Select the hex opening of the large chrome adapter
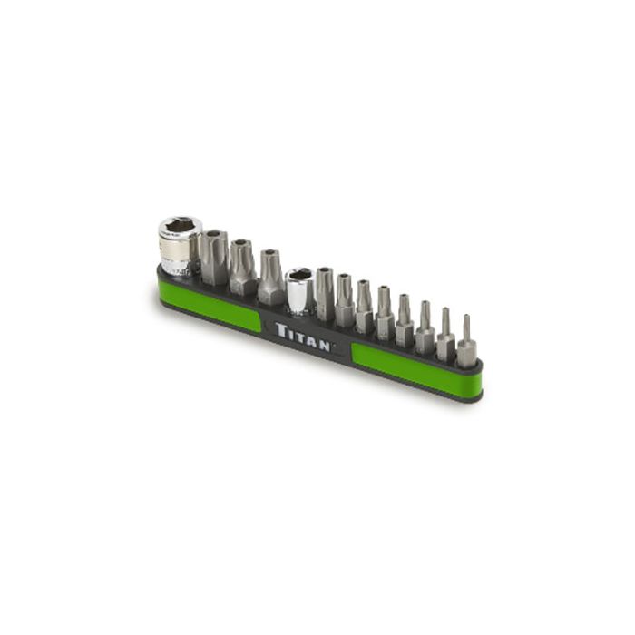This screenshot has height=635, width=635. (x=179, y=227)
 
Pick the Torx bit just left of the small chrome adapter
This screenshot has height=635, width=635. (x=270, y=278)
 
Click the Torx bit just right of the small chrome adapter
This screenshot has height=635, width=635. (x=325, y=295)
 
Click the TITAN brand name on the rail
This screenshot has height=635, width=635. (x=305, y=335)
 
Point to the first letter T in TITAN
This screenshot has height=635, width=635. (x=280, y=327)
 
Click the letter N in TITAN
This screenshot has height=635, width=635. (x=327, y=343)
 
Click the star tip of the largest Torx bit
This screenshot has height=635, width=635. (x=215, y=238)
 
